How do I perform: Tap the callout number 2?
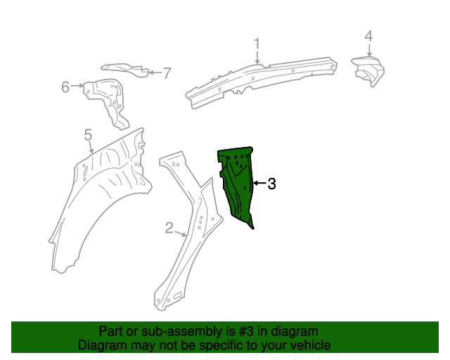(x=169, y=227)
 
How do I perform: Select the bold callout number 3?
(x=272, y=184)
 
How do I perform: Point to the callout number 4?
(x=368, y=37)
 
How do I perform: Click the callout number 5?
(x=88, y=134)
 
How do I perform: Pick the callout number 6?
(x=65, y=87)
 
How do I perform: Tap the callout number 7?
(x=167, y=72)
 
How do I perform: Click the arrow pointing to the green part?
(x=258, y=184)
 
